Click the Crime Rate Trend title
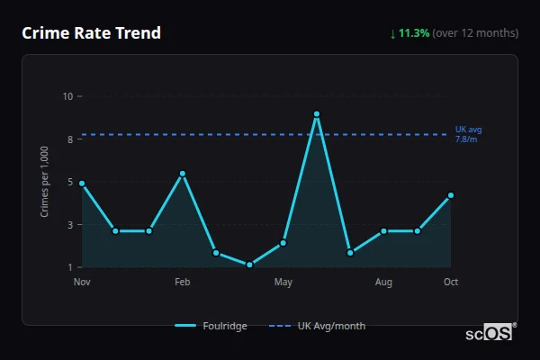[x=92, y=33]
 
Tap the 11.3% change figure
[x=414, y=33]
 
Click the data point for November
[x=82, y=184]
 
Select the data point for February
[x=183, y=174]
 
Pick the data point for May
[x=283, y=243]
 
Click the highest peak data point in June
[x=317, y=114]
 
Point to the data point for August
[x=383, y=231]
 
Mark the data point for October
[x=451, y=195]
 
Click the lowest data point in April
[x=249, y=265]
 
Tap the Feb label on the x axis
[x=183, y=283]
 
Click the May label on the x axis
[x=283, y=283]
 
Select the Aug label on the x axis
[x=383, y=283]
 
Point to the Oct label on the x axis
[x=451, y=283]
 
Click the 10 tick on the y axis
[x=67, y=95]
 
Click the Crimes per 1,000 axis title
[x=45, y=181]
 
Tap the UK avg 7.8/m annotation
[x=467, y=134]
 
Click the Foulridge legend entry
[x=211, y=326]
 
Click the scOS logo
[x=489, y=332]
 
